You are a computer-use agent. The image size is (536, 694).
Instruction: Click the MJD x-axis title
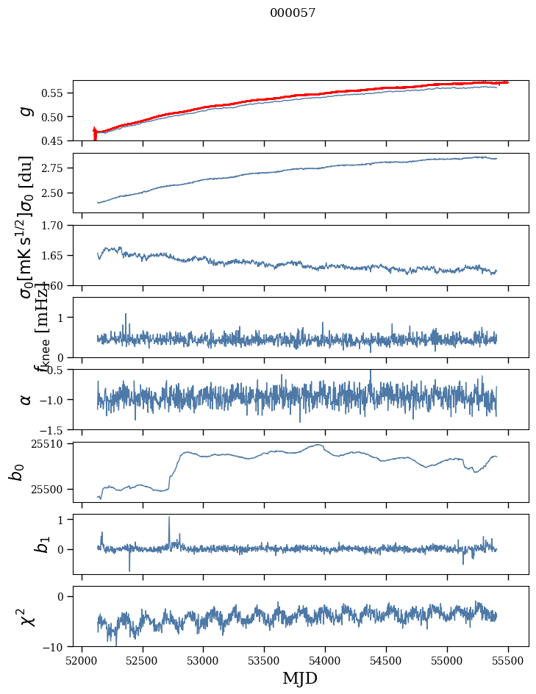[300, 678]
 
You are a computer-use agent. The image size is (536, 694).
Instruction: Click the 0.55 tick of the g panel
[56, 93]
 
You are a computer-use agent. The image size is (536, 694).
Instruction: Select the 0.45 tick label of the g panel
[56, 140]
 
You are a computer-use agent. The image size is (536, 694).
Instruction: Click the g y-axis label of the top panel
[26, 110]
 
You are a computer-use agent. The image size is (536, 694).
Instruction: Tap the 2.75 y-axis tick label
[56, 168]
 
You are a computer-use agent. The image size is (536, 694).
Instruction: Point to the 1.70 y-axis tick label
[56, 225]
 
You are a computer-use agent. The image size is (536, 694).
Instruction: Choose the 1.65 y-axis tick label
[56, 255]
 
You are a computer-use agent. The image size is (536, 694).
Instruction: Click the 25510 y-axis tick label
[51, 444]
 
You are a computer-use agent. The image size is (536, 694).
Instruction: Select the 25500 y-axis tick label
[51, 489]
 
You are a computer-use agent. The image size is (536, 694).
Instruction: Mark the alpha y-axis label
[26, 399]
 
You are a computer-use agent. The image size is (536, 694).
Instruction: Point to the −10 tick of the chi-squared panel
[56, 647]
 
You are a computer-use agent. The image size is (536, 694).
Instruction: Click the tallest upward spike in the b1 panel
[169, 518]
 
